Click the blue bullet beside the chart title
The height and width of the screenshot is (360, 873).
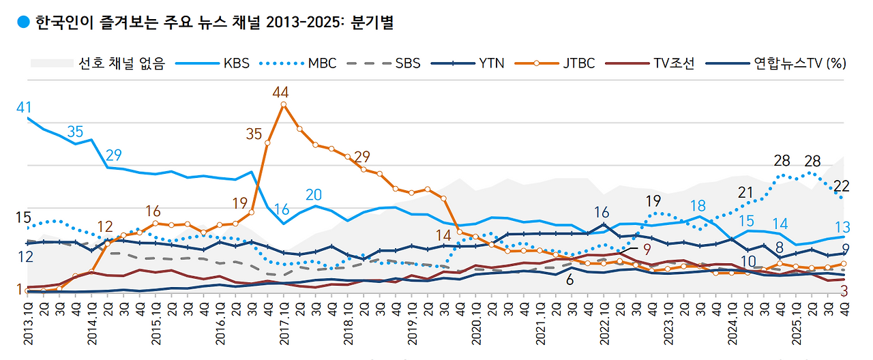coord(23,22)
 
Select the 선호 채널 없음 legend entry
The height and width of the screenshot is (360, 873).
coord(98,63)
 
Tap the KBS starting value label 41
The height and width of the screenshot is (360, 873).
coord(25,107)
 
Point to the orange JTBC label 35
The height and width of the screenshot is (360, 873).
coord(254,134)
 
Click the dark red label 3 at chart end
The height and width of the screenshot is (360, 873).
coord(844,291)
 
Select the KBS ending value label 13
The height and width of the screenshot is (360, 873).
coord(842,227)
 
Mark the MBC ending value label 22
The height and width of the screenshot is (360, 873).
coord(841,185)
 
